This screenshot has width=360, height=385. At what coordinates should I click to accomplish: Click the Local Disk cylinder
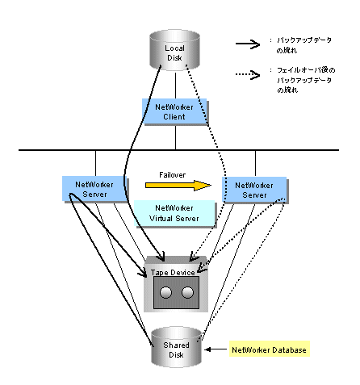(x=174, y=50)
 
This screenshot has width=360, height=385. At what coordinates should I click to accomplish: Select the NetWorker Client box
(x=175, y=111)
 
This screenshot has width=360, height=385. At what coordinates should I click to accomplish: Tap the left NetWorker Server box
(x=95, y=189)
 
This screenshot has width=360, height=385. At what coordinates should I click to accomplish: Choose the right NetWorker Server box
(x=255, y=190)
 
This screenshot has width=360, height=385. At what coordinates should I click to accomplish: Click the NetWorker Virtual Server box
(x=175, y=214)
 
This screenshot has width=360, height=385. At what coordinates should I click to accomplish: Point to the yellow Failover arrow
(x=178, y=186)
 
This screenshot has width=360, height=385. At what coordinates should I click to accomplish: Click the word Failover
(x=172, y=175)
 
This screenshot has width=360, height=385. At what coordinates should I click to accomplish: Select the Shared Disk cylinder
(x=176, y=347)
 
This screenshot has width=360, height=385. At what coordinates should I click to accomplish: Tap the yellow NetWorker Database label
(x=270, y=349)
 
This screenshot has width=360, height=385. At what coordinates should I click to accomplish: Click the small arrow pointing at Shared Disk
(x=216, y=349)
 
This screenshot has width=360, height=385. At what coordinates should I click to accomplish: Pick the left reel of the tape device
(x=165, y=292)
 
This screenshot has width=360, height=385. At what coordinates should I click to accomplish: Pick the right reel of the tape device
(x=187, y=292)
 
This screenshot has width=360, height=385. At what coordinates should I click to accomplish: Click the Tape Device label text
(x=173, y=273)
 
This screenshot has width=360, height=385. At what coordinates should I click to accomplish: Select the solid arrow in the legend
(x=248, y=44)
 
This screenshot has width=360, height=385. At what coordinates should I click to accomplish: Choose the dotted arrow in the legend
(x=248, y=74)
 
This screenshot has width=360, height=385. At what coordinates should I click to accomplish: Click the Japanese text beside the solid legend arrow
(x=304, y=45)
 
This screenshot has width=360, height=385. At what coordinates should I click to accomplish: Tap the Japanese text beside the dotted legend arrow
(x=306, y=80)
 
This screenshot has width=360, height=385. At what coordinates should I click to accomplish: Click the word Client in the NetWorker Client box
(x=174, y=117)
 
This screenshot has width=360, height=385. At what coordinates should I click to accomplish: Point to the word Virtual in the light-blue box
(x=161, y=218)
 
